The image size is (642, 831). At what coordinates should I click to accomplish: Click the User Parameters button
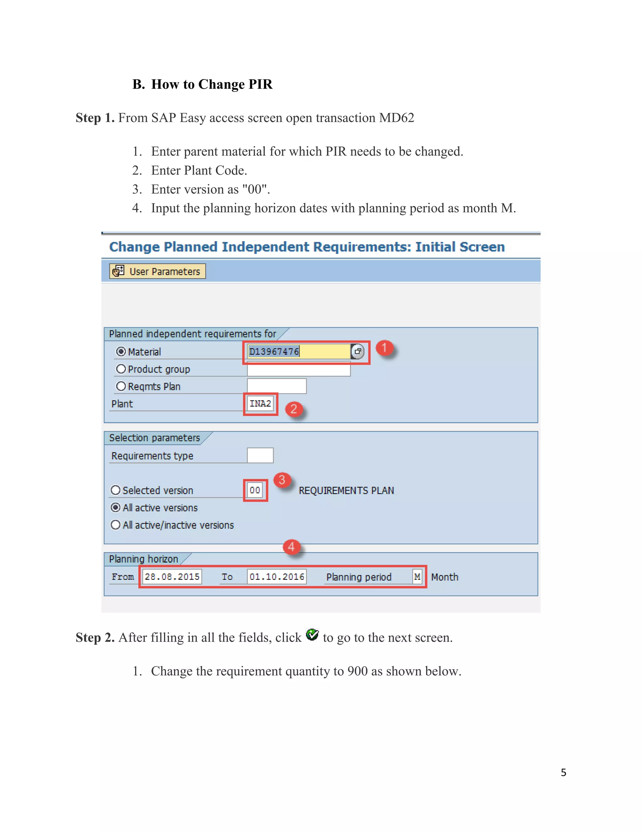click(157, 271)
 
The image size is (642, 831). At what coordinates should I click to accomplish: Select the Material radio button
click(121, 352)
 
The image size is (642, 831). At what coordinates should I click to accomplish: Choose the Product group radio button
click(121, 369)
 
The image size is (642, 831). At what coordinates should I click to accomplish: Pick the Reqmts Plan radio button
click(121, 387)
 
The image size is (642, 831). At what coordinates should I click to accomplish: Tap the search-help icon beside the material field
click(357, 352)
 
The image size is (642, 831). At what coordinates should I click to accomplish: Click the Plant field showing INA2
click(260, 404)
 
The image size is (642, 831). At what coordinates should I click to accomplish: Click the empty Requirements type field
click(260, 455)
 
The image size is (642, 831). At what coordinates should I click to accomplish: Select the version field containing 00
click(255, 490)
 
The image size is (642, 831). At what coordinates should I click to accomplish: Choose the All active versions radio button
click(116, 508)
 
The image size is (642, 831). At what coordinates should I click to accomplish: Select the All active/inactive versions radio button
click(116, 525)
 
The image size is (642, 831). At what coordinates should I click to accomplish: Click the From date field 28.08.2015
click(172, 577)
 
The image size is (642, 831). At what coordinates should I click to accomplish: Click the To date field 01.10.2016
click(276, 577)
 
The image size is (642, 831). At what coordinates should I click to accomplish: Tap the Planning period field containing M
click(417, 577)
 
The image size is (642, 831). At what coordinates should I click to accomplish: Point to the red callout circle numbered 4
click(291, 547)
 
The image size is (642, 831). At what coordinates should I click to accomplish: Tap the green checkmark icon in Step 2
click(312, 635)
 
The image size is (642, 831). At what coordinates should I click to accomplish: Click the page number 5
click(563, 772)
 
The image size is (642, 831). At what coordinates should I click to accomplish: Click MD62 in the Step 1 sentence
click(396, 118)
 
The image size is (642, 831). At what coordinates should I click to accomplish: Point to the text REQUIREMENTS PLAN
click(346, 490)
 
